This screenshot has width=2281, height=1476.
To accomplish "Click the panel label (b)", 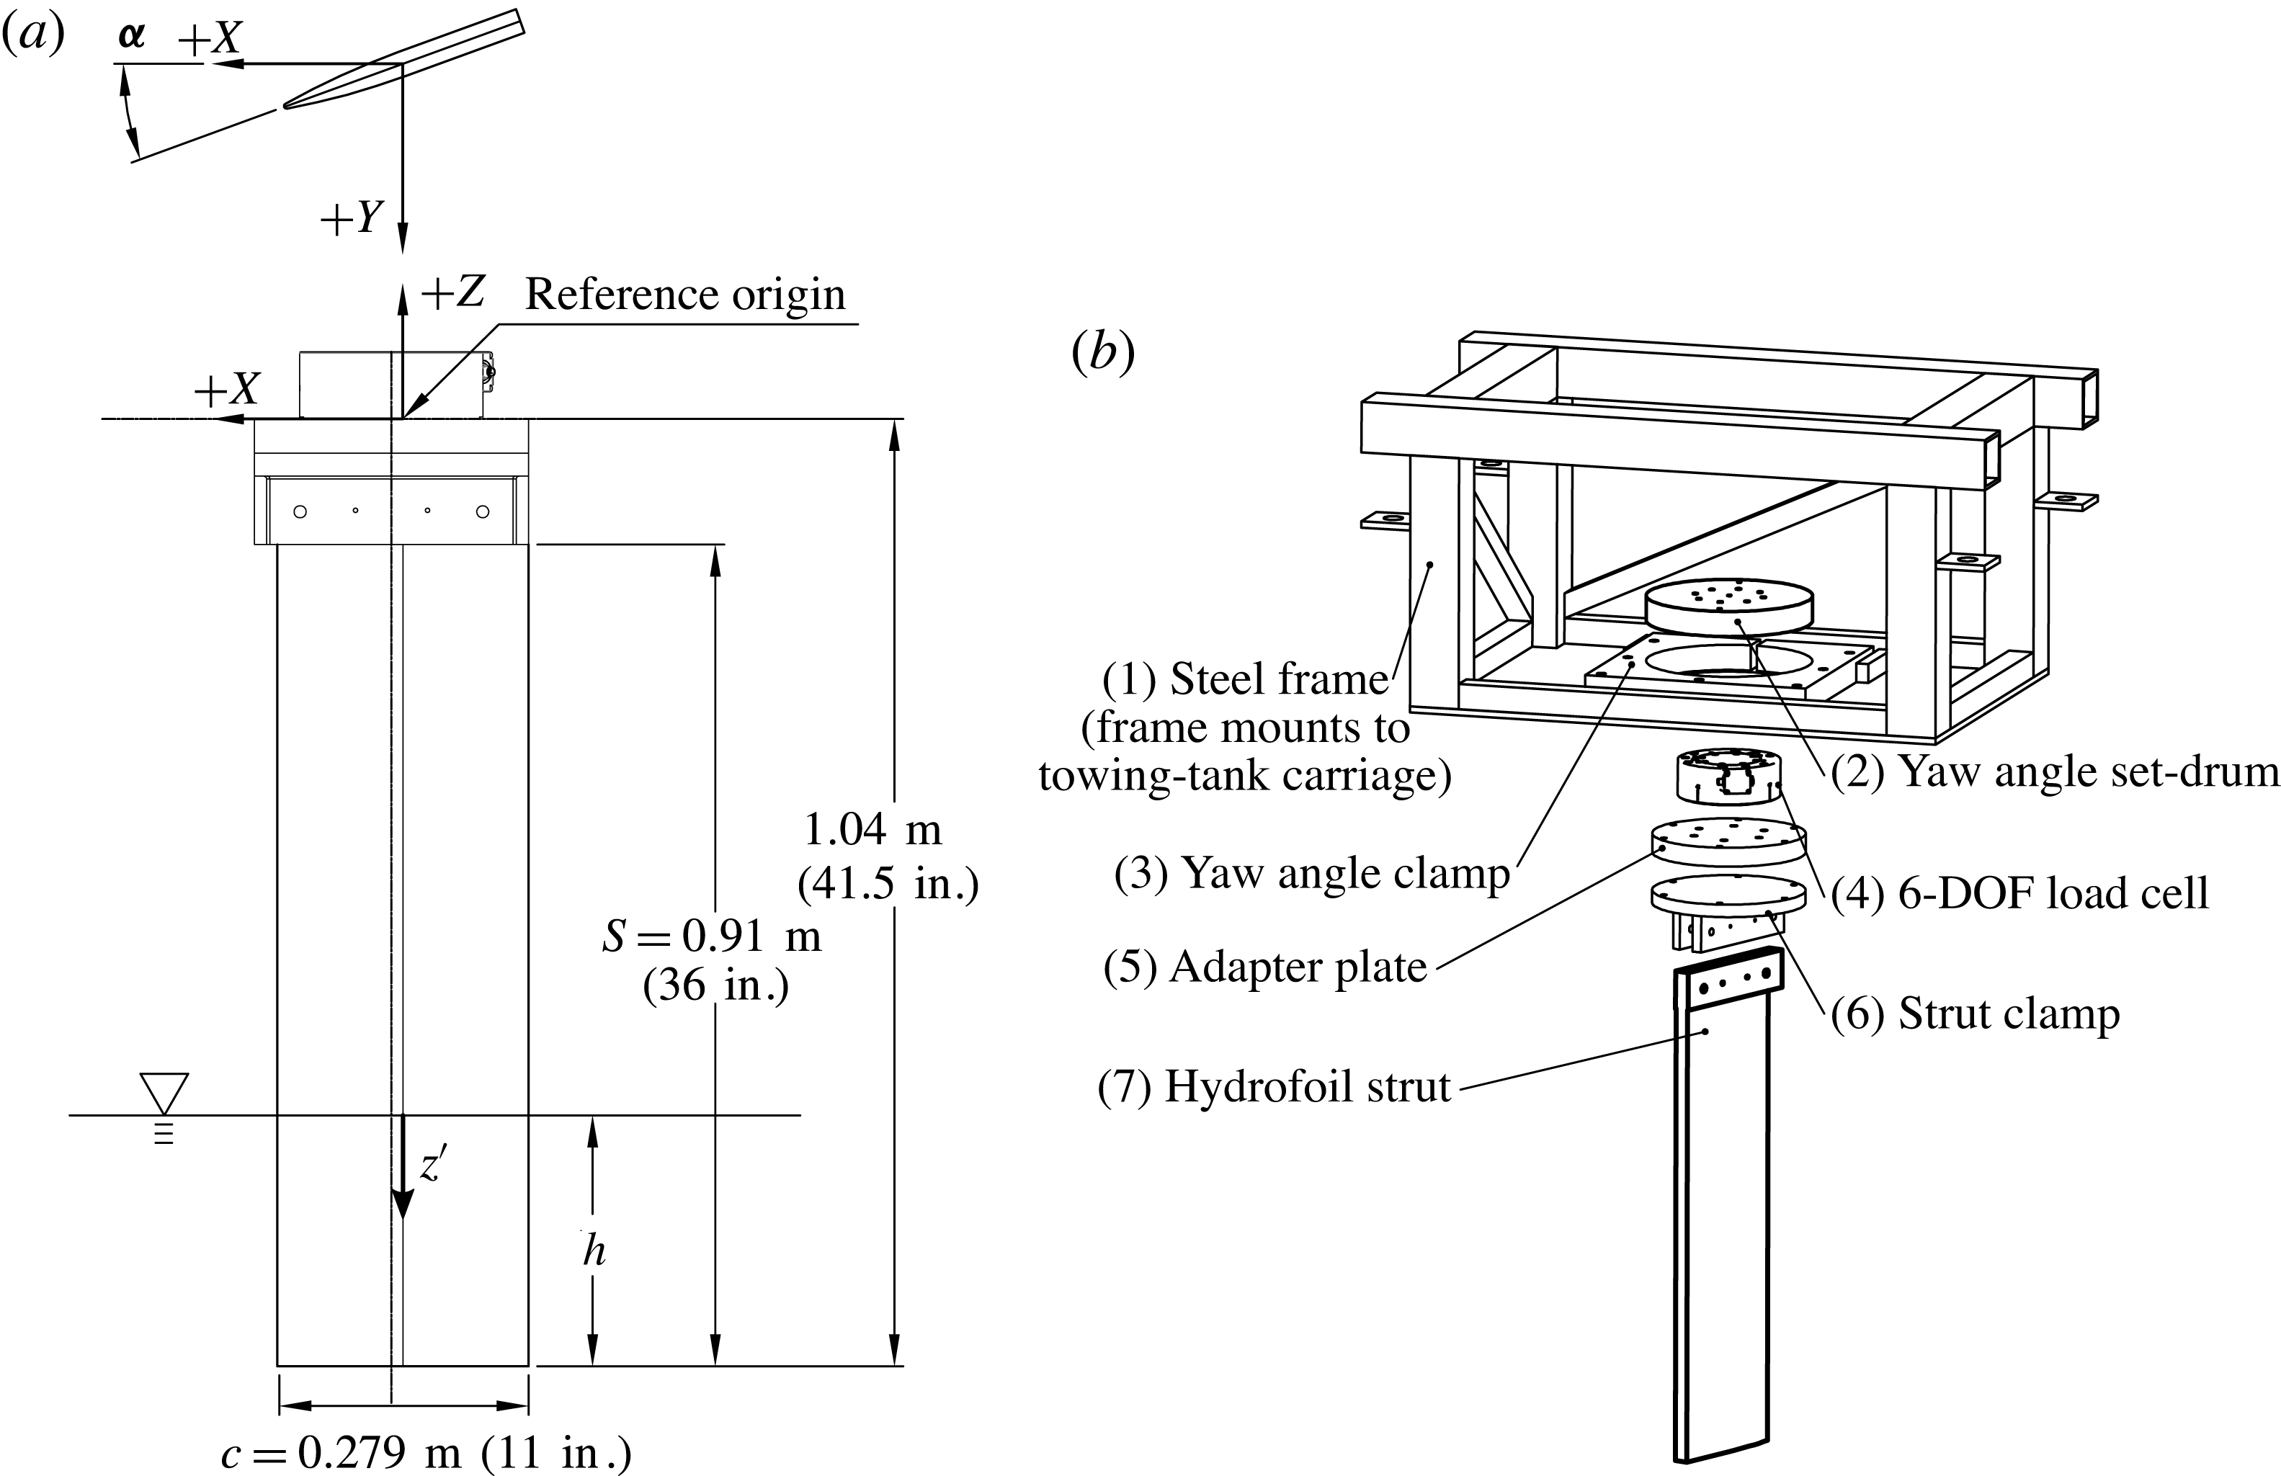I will (x=1102, y=353).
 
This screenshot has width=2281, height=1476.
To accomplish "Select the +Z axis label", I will (x=452, y=293).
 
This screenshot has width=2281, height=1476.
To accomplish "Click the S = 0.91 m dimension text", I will (x=712, y=936).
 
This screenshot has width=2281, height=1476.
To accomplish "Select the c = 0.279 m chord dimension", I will (x=426, y=1453).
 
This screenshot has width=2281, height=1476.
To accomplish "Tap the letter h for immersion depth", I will (x=594, y=1251).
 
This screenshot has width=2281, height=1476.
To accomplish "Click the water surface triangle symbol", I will (x=164, y=1093).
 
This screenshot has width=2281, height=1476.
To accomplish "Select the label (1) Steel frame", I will (x=1245, y=679).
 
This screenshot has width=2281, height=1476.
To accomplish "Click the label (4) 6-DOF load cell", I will (x=2020, y=893).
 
